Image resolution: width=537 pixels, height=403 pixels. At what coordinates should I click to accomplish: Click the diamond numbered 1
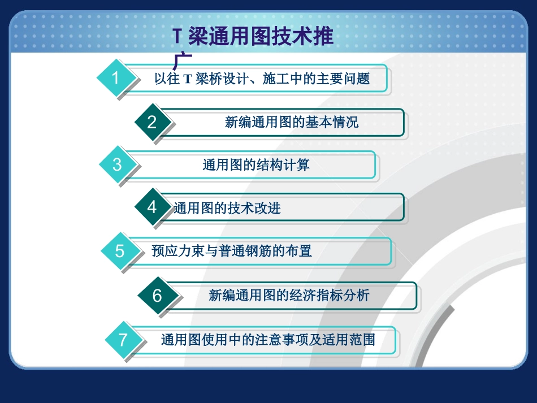pyautogui.click(x=116, y=78)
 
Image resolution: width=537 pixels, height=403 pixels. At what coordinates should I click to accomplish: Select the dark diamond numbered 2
pyautogui.click(x=151, y=122)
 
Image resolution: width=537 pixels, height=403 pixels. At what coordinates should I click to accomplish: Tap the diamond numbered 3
pyautogui.click(x=117, y=164)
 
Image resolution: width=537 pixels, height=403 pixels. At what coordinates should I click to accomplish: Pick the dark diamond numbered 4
pyautogui.click(x=151, y=207)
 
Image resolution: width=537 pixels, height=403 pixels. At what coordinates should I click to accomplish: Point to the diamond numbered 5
pyautogui.click(x=119, y=251)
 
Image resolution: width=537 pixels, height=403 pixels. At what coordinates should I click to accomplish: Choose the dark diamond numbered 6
pyautogui.click(x=157, y=296)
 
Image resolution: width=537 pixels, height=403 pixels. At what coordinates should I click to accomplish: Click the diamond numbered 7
pyautogui.click(x=123, y=340)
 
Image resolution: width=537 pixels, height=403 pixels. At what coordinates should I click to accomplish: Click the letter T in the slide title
pyautogui.click(x=177, y=37)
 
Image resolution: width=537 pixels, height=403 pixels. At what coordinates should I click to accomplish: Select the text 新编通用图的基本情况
pyautogui.click(x=291, y=122)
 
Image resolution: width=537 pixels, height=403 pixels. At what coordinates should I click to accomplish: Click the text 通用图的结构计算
pyautogui.click(x=255, y=164)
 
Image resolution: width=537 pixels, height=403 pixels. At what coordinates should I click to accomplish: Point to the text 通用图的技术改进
pyautogui.click(x=227, y=208)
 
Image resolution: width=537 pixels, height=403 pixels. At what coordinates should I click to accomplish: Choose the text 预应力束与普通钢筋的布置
pyautogui.click(x=231, y=250)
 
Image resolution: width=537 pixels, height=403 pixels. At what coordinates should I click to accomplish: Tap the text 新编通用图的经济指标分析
pyautogui.click(x=288, y=295)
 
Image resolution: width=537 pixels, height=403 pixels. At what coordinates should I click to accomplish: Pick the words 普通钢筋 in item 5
pyautogui.click(x=251, y=250)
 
